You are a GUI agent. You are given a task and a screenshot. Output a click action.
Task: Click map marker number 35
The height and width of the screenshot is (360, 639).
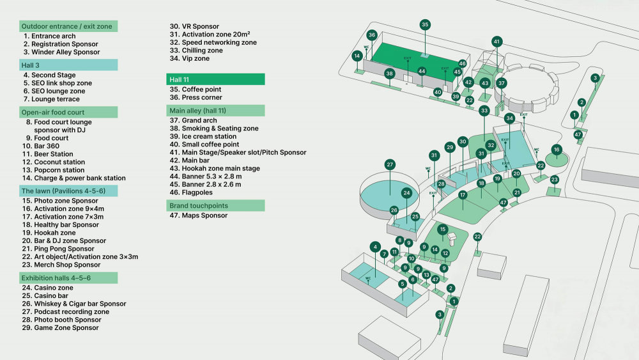point(425,24)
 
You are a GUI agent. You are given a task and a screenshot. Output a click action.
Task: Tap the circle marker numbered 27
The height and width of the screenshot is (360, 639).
point(390,164)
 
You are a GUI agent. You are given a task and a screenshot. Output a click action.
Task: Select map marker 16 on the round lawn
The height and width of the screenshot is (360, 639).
point(557,150)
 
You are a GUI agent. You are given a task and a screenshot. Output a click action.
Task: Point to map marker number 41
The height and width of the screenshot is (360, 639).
point(497,42)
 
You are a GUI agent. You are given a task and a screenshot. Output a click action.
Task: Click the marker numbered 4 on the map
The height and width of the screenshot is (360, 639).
point(375,246)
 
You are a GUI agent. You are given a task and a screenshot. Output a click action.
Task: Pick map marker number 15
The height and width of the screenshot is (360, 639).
point(442,229)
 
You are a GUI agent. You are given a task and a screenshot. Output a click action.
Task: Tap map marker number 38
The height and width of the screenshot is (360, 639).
point(389,73)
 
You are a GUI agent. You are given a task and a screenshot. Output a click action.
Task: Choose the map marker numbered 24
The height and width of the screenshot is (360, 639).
point(406,192)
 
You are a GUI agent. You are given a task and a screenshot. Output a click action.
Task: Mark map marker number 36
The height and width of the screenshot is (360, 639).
point(372,35)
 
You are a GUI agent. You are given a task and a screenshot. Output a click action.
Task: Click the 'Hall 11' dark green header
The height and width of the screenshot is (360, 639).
point(215,79)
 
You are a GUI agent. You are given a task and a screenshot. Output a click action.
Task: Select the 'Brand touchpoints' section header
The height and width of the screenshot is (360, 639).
point(215,205)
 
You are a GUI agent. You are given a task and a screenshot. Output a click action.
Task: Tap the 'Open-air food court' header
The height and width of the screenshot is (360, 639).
point(68,112)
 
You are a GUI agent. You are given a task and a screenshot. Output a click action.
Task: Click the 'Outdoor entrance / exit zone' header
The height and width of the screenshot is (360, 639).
point(68,26)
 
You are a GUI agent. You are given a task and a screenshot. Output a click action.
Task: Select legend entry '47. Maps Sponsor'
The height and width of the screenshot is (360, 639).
point(198,215)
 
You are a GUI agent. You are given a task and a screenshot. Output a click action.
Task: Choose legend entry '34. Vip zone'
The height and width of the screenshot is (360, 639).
point(189,59)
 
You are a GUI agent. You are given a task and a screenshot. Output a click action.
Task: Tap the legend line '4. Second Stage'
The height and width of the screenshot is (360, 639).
point(49,75)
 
